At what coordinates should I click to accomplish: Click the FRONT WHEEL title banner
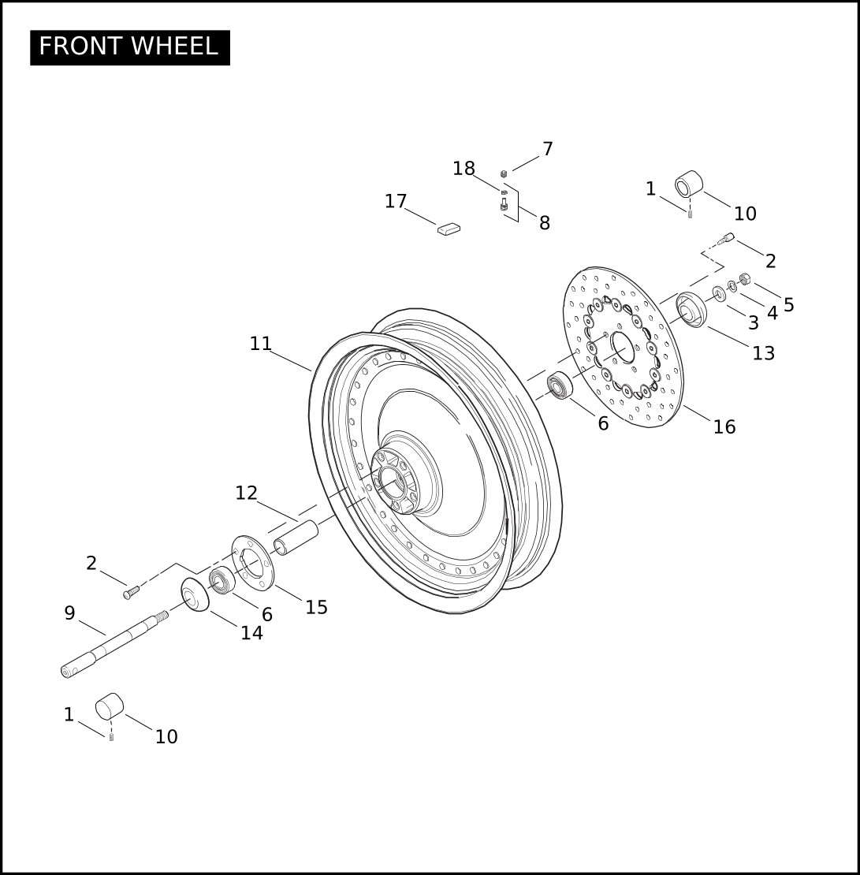130,47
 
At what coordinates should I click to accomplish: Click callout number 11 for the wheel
261,344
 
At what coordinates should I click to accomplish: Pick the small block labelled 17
449,229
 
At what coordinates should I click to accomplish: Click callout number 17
396,202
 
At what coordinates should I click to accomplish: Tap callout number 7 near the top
548,149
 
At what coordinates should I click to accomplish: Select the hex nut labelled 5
744,278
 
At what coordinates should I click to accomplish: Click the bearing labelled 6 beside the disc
560,385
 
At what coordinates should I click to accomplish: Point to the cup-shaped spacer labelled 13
692,310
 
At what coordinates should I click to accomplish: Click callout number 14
251,633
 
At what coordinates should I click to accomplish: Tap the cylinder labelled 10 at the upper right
689,184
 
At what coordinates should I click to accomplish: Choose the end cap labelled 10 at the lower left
110,706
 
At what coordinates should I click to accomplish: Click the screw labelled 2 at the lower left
131,592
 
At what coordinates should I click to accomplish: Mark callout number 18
464,169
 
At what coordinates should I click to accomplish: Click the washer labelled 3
719,293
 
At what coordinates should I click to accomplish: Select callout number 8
545,223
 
